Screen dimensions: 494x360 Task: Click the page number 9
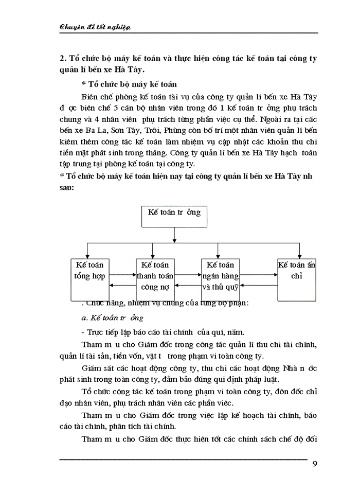pos(314,464)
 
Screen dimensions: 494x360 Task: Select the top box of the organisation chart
pos(174,216)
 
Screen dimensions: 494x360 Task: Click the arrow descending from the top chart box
pos(175,234)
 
